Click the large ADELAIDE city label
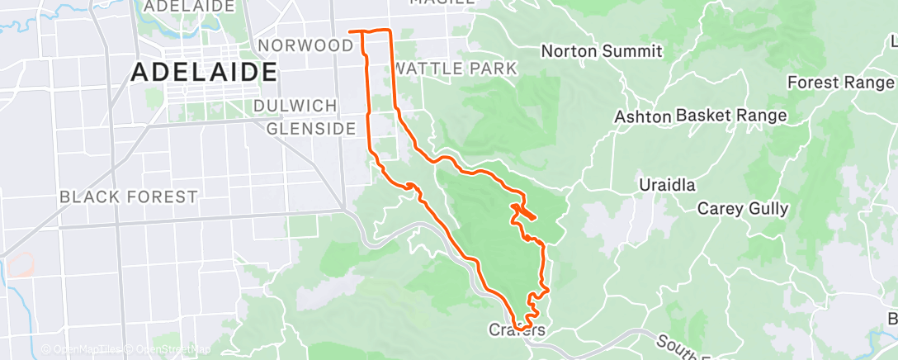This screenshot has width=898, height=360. click(204, 72)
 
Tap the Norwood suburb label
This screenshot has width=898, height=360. click(305, 45)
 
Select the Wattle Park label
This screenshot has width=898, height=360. click(456, 68)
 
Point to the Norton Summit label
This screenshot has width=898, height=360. click(602, 51)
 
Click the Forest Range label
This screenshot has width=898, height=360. click(840, 83)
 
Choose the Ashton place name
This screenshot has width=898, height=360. click(642, 116)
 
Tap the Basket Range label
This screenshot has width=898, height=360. click(731, 116)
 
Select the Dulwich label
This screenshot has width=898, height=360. click(295, 106)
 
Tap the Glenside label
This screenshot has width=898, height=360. click(310, 128)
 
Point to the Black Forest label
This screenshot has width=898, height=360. click(129, 197)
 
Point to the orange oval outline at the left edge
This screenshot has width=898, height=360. click(20, 264)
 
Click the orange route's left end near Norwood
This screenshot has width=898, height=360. click(352, 31)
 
